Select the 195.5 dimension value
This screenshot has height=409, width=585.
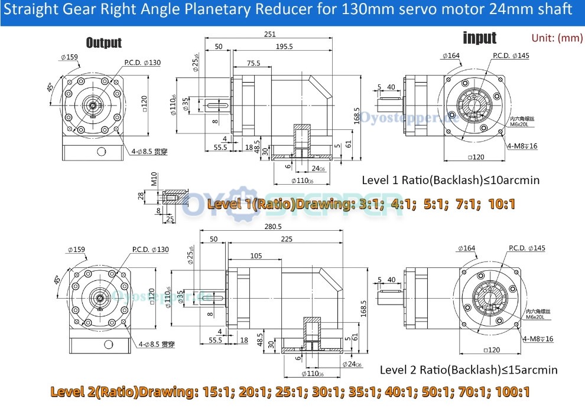tap(283, 47)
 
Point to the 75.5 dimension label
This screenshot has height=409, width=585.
tap(253, 63)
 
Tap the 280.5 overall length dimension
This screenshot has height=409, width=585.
tap(273, 227)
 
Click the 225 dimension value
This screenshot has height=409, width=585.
tap(287, 240)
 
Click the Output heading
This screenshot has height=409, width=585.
tap(103, 42)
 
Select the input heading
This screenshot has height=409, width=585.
tap(479, 38)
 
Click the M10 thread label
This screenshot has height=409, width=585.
tap(153, 179)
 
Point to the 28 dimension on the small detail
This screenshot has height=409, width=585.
tap(141, 196)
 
